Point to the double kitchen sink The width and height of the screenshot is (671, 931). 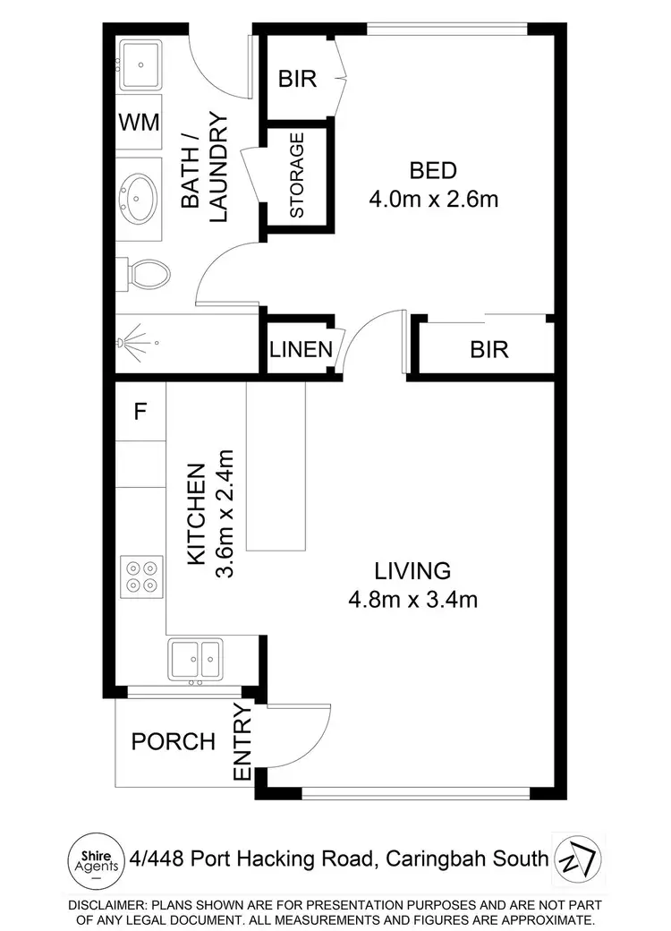click(x=196, y=661)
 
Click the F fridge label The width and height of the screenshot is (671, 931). click(x=140, y=412)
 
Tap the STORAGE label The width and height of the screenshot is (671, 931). click(x=297, y=175)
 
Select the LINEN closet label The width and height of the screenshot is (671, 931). click(x=301, y=349)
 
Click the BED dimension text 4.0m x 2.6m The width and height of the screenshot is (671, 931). click(x=433, y=199)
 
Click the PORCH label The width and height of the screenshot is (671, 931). click(x=174, y=741)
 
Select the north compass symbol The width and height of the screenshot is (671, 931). click(x=578, y=858)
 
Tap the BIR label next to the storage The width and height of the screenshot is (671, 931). click(x=297, y=79)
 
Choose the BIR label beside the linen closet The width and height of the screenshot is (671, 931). click(x=488, y=349)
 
